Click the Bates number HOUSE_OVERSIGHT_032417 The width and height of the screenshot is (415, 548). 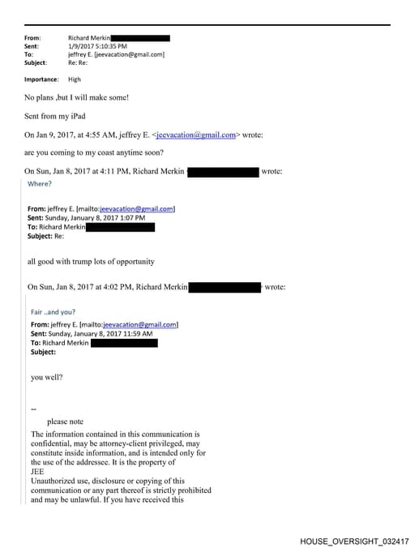pos(354,541)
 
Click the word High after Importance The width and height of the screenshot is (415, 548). pos(75,79)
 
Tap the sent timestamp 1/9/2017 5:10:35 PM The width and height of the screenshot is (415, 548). pos(97,46)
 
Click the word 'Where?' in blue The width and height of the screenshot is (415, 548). pos(40,184)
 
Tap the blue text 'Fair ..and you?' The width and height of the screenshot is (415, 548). pos(54,312)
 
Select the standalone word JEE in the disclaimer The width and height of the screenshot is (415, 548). pos(37,472)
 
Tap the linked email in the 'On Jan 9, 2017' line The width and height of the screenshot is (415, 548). pos(195,135)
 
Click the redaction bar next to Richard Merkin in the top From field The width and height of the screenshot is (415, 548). pos(140,38)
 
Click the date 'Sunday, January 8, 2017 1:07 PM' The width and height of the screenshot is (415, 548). pos(98,218)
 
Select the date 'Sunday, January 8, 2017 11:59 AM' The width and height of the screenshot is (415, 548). pos(101,333)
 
